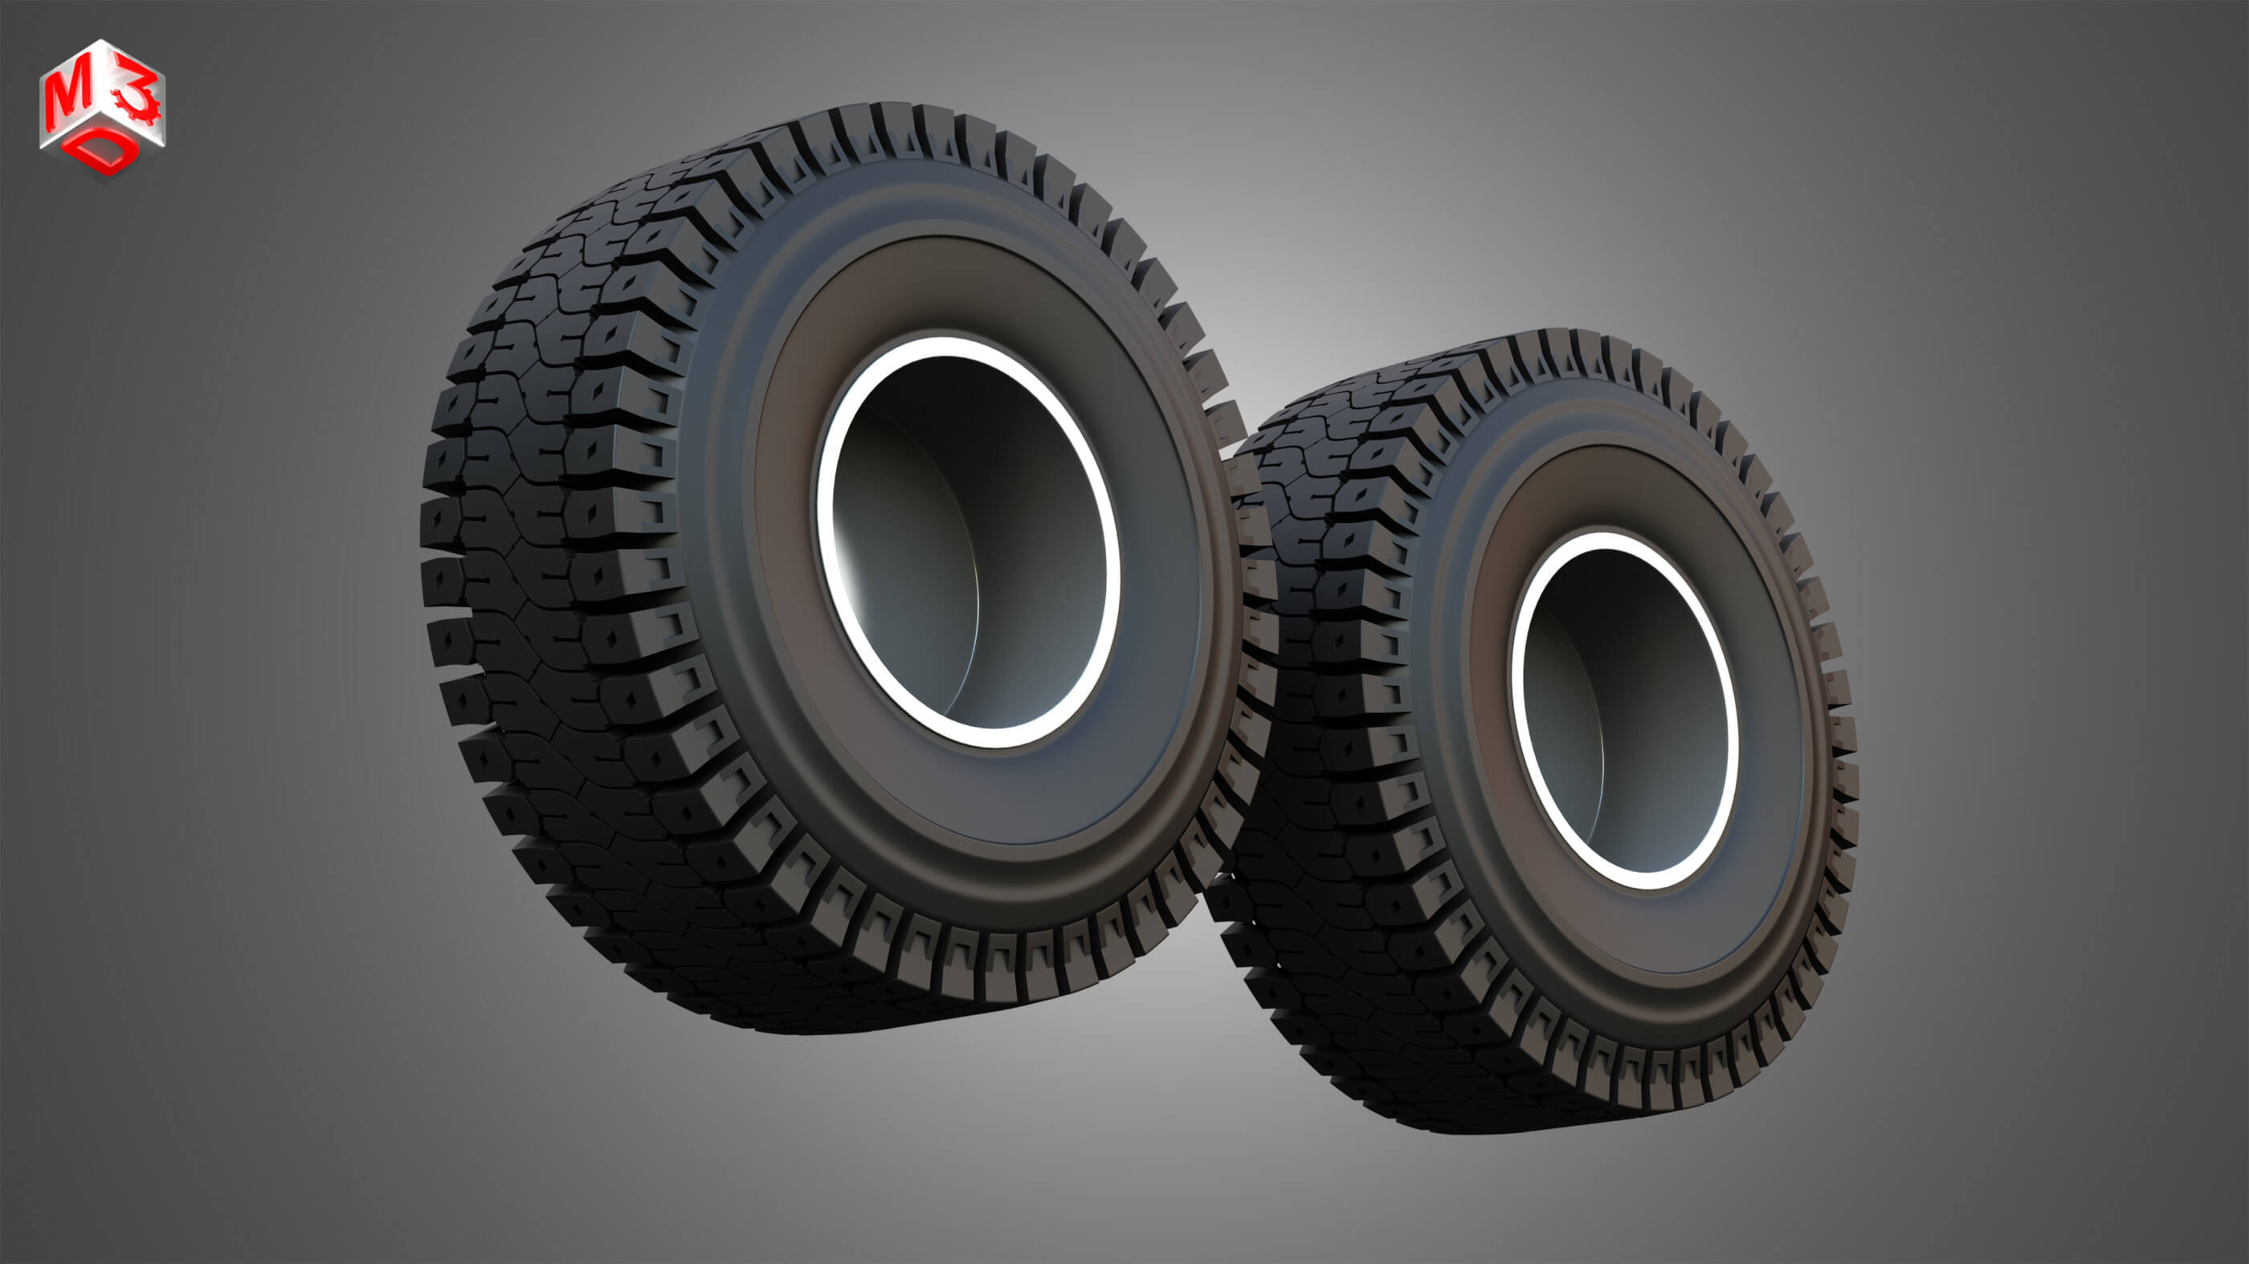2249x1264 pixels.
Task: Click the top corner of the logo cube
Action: (x=103, y=40)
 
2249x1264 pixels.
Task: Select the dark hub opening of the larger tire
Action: (x=969, y=541)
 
